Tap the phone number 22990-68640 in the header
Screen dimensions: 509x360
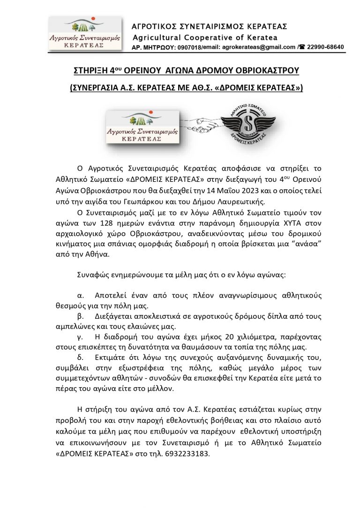click(325, 47)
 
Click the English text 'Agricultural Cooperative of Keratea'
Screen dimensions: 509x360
click(205, 37)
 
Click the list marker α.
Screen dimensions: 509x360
click(79, 296)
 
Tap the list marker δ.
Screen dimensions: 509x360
click(79, 359)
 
